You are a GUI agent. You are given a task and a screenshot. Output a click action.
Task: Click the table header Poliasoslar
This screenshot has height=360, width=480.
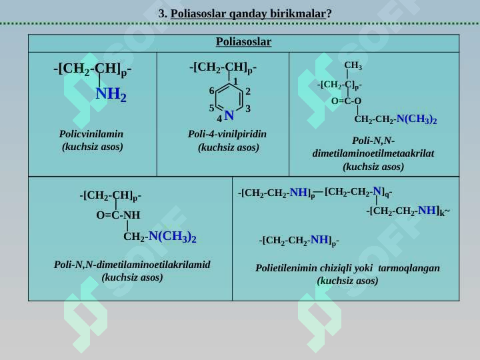(x=243, y=42)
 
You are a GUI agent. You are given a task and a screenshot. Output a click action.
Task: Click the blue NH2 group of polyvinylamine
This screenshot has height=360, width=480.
(x=111, y=94)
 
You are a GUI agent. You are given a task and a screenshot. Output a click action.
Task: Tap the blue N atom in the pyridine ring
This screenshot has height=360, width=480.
(x=229, y=115)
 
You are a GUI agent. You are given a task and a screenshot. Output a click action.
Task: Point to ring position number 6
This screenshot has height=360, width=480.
(x=211, y=91)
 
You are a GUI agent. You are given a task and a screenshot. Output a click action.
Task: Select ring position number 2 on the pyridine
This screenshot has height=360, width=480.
(x=248, y=91)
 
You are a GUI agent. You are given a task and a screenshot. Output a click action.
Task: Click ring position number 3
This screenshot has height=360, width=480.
(x=248, y=109)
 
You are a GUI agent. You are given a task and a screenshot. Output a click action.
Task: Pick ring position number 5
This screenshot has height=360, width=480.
(x=211, y=108)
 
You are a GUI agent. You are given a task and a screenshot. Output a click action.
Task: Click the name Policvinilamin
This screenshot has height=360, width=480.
(x=91, y=134)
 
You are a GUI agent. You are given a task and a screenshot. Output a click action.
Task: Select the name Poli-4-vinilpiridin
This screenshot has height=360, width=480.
(x=227, y=134)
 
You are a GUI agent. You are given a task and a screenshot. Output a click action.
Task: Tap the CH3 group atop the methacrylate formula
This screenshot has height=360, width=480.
(x=353, y=65)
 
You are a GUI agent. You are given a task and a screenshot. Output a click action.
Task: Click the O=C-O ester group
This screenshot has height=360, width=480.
(x=346, y=101)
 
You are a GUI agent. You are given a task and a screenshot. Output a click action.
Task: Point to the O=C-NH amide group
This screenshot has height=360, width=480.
(x=118, y=215)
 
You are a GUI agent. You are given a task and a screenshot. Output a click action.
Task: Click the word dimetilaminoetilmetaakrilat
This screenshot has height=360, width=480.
(x=373, y=153)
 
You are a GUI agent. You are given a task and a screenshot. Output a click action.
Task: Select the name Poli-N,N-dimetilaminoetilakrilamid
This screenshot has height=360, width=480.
(x=132, y=265)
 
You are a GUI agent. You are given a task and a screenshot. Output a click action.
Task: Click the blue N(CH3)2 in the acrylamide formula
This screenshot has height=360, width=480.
(x=173, y=237)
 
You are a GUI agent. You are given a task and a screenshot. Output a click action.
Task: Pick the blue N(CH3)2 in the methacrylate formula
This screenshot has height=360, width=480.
(x=417, y=119)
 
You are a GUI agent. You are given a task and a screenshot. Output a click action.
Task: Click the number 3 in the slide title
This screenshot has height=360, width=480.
(x=161, y=14)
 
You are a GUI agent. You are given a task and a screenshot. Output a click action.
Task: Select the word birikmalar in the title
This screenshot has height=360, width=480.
(x=298, y=14)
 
